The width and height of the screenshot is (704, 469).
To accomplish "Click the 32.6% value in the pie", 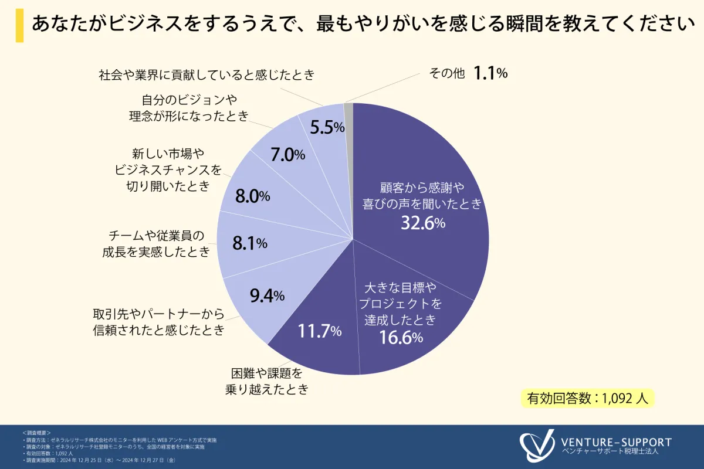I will [x=423, y=223].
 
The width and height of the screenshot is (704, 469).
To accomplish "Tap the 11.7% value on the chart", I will [x=319, y=331].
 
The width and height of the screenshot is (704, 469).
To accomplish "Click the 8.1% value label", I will [x=250, y=243].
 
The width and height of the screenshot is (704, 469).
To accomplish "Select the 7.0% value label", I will [x=287, y=155].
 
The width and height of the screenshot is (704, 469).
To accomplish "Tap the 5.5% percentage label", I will [x=327, y=127].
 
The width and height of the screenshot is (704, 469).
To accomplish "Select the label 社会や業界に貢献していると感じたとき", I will [x=207, y=75].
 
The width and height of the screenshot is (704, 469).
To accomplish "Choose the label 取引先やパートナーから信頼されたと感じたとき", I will [x=159, y=321].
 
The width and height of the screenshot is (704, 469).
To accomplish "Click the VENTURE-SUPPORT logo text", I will [x=616, y=442].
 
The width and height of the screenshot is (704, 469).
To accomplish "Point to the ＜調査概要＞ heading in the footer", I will [x=36, y=432].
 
